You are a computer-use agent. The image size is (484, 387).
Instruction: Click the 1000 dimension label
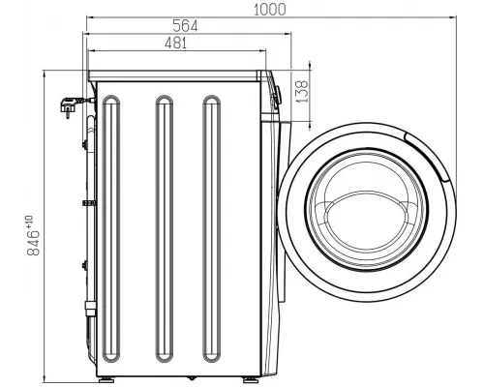coord(270,10)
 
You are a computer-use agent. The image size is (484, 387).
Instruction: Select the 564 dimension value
coord(185,26)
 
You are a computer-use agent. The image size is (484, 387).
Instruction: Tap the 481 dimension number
coord(176,43)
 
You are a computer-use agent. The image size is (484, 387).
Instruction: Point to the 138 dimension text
coord(302,92)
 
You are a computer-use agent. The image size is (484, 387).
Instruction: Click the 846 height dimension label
coord(33,243)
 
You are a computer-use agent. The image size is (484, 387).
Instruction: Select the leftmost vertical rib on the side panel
coord(111,233)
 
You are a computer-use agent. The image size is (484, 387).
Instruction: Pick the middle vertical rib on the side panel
coord(165,233)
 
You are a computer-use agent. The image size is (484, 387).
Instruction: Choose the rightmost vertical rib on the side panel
coord(212,233)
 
